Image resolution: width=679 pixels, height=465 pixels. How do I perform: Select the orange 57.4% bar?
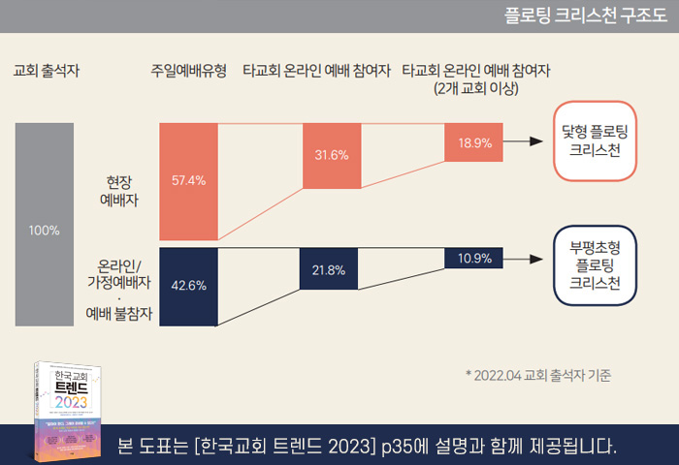click(188, 181)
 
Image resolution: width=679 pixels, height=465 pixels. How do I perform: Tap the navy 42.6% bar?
click(188, 286)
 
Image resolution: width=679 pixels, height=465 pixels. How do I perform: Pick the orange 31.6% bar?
click(332, 155)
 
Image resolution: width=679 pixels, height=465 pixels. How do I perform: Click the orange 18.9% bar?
click(475, 142)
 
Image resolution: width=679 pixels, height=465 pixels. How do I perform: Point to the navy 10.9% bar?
click(475, 259)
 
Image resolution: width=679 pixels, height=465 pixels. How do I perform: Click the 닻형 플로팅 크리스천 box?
click(596, 141)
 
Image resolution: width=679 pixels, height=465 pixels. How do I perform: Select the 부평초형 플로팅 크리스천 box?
click(596, 264)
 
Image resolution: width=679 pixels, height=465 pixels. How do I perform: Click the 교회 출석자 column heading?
click(47, 71)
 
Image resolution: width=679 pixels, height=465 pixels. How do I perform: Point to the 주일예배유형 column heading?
click(188, 71)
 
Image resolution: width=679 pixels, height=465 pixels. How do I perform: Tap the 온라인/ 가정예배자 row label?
click(119, 273)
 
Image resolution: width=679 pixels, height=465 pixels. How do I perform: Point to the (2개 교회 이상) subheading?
click(476, 88)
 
